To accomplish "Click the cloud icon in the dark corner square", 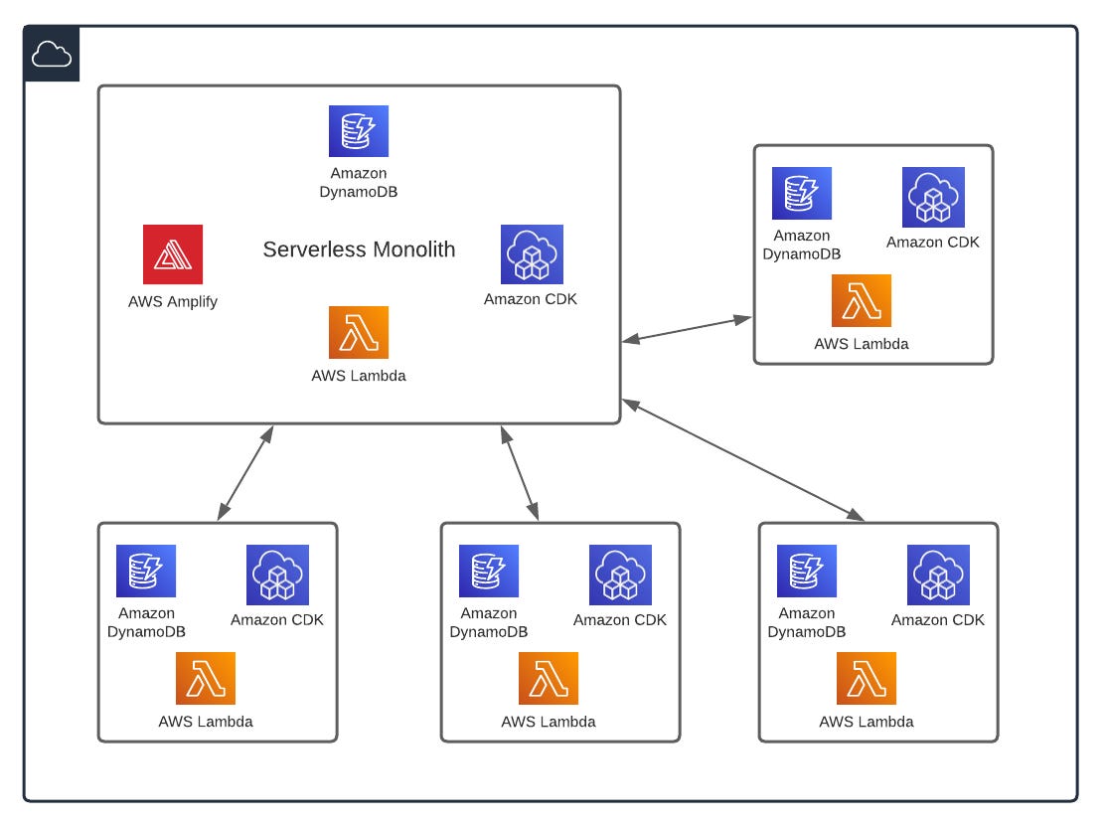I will point(52,55).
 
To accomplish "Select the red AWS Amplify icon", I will point(173,254).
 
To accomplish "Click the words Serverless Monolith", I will point(359,249).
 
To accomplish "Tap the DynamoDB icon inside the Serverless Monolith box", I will point(359,131).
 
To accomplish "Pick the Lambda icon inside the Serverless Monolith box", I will point(359,332).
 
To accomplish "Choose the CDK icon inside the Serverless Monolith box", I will point(532,254).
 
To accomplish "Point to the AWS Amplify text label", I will point(173,301).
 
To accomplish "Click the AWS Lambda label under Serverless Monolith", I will point(359,376).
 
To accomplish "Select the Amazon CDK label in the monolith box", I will point(531,298).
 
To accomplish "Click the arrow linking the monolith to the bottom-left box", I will point(245,473).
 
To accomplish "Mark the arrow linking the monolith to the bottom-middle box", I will point(520,473).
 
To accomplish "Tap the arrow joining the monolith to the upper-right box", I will point(688,330).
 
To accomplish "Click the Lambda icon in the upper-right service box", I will point(862,300).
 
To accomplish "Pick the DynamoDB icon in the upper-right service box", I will point(802,193).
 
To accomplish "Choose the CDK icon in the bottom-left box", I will point(277,575).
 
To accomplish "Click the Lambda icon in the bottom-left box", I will point(206,678).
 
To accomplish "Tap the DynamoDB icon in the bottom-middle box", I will point(489,571).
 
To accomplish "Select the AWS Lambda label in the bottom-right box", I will point(867,722).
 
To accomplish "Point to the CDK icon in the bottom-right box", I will point(938,575).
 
